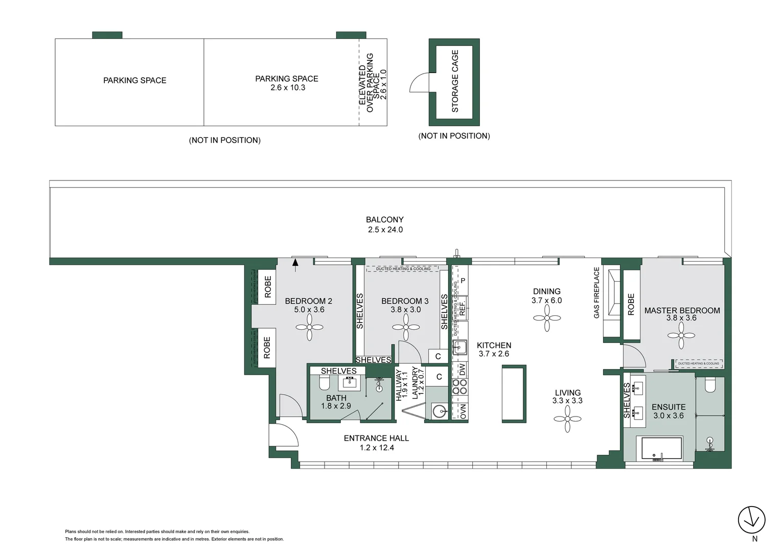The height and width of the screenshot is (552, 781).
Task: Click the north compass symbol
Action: coord(752,520)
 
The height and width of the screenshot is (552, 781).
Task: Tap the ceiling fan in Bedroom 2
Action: coord(310,327)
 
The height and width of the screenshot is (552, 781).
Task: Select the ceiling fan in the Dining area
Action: coord(547,318)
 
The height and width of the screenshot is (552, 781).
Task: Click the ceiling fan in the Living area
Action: coord(567,419)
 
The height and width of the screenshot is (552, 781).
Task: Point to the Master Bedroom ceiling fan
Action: coord(681,336)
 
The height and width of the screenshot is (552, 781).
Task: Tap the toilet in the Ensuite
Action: coord(710,385)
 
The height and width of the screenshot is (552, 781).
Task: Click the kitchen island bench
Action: coord(514,394)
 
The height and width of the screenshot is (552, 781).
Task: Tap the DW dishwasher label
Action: coord(462,370)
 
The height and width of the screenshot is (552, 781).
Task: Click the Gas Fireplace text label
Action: coord(596,293)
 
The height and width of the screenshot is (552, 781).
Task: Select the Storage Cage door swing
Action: coord(420,83)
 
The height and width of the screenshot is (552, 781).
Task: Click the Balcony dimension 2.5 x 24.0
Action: coord(385,230)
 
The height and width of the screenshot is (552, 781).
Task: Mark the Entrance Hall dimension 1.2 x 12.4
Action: coord(376,448)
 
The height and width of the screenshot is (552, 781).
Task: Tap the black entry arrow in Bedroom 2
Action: coord(295,263)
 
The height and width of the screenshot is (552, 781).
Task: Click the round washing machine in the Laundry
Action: coord(439,410)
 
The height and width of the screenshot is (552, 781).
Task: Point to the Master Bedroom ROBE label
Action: coord(631,304)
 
